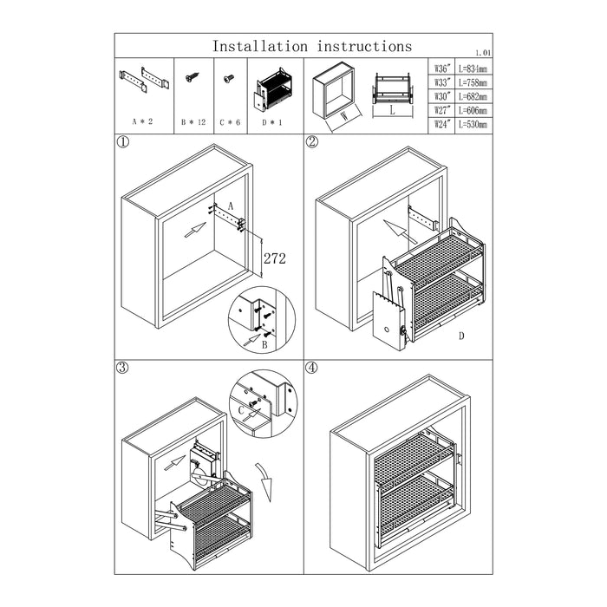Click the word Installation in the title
click(x=260, y=47)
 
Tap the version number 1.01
click(x=484, y=53)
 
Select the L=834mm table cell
click(x=473, y=69)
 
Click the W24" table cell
click(x=441, y=124)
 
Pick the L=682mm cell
click(x=473, y=96)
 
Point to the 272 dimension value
click(x=275, y=258)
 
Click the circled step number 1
click(x=122, y=142)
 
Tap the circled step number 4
click(x=311, y=368)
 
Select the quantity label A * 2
click(x=142, y=121)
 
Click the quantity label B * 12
click(x=193, y=122)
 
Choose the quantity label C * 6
click(x=230, y=122)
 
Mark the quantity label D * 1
click(x=271, y=123)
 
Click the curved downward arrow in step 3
click(x=264, y=481)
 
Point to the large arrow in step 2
click(x=400, y=232)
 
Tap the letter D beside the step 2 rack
click(x=461, y=336)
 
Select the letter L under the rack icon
click(x=392, y=110)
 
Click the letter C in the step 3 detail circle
click(x=242, y=410)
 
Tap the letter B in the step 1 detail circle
click(x=264, y=344)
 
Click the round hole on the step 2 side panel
click(x=387, y=330)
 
